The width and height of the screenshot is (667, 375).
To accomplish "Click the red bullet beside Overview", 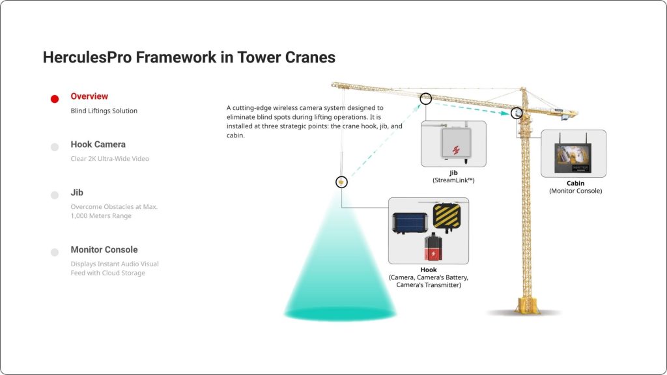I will pyautogui.click(x=55, y=99).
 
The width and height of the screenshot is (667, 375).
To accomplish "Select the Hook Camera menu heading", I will pyautogui.click(x=98, y=145).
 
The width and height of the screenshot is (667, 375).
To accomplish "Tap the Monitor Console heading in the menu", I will pyautogui.click(x=104, y=249).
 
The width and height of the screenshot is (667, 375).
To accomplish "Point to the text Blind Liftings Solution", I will pyautogui.click(x=104, y=111).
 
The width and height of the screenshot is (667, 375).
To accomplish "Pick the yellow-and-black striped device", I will pyautogui.click(x=447, y=215).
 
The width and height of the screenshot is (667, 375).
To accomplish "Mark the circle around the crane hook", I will pyautogui.click(x=341, y=182).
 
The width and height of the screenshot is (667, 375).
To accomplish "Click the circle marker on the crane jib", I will pyautogui.click(x=426, y=98).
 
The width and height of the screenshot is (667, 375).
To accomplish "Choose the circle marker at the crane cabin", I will pyautogui.click(x=517, y=113).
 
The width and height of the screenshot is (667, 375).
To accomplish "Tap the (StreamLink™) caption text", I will pyautogui.click(x=453, y=180).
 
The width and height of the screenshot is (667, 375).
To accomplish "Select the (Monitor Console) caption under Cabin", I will pyautogui.click(x=575, y=191).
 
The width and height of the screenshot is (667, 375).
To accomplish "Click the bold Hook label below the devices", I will pyautogui.click(x=428, y=270).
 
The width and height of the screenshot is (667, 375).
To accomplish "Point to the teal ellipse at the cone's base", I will pyautogui.click(x=340, y=312).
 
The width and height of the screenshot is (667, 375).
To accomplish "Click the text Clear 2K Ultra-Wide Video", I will pyautogui.click(x=109, y=159).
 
